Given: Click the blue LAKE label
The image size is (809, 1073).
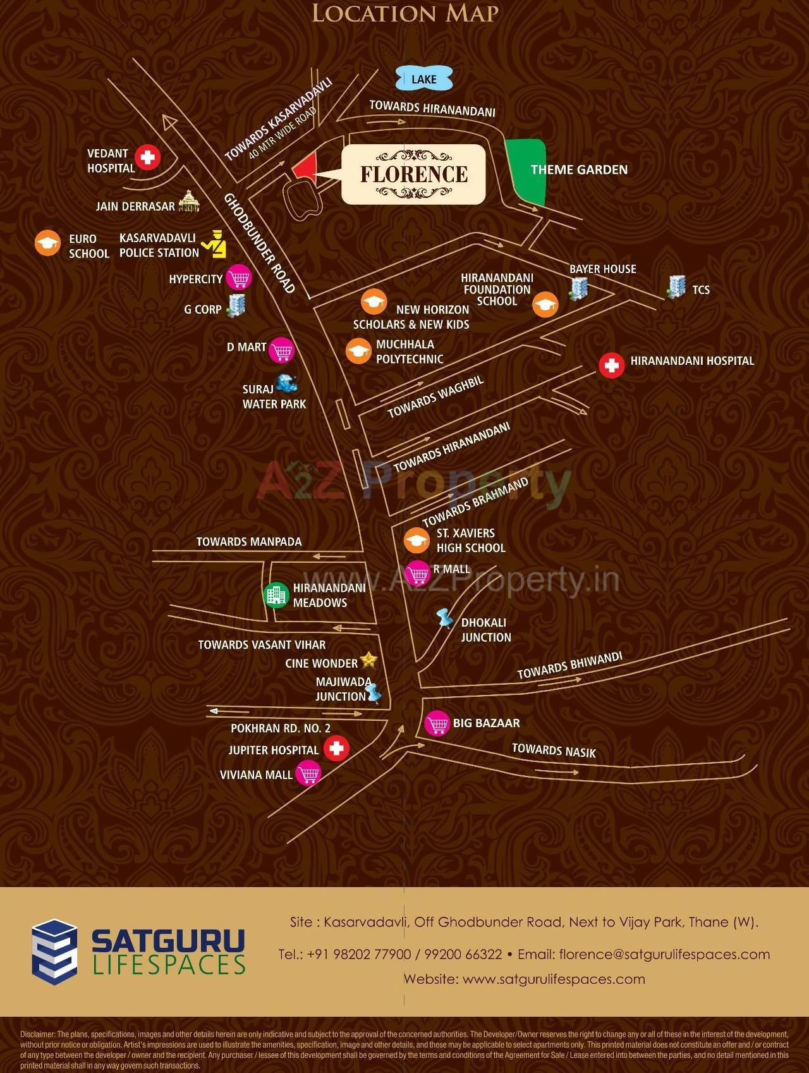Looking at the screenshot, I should click(x=424, y=79).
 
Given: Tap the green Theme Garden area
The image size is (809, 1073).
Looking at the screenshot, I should click(x=526, y=171).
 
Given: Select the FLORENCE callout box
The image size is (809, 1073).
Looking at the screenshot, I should click(x=414, y=175).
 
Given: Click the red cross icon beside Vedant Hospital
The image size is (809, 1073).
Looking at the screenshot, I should click(x=148, y=157).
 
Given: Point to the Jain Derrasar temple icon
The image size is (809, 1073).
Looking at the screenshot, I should click(x=189, y=202).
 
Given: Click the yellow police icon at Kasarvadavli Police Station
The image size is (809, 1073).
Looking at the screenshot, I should click(x=215, y=245).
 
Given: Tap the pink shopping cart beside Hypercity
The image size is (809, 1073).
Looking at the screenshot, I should click(x=238, y=278).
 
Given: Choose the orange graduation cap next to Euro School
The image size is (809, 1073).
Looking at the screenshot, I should click(x=47, y=243).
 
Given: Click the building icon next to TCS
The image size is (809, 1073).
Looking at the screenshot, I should click(x=676, y=287).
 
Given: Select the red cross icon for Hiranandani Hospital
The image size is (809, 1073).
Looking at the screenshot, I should click(x=611, y=365).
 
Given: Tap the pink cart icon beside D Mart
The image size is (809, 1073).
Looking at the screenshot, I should click(x=282, y=350).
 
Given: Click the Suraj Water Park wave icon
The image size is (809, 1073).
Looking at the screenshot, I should click(x=287, y=383).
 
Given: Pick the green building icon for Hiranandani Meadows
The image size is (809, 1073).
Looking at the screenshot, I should click(x=276, y=594).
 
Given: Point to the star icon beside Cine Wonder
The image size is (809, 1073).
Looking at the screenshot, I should click(x=368, y=661).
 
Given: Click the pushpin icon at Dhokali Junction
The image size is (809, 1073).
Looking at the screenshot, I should click(x=445, y=618).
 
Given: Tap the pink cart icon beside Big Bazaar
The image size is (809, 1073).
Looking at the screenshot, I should click(x=437, y=723).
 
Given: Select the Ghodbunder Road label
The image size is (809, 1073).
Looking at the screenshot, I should click(x=259, y=243).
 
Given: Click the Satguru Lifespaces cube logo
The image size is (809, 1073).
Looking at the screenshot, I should click(x=54, y=952).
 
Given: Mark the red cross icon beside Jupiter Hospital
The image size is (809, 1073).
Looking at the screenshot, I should click(x=336, y=749).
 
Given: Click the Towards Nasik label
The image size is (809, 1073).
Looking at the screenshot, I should click(x=554, y=751).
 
